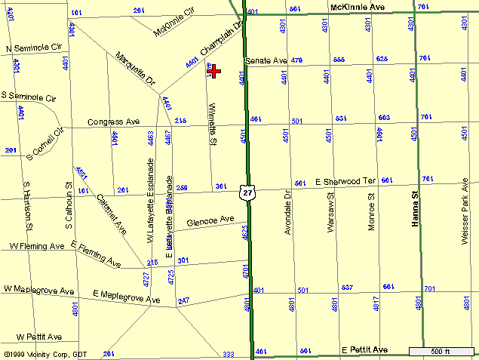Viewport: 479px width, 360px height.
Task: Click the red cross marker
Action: click(214, 71)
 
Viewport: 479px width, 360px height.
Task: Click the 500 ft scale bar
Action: click(440, 351)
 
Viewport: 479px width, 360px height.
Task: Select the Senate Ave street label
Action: click(266, 60)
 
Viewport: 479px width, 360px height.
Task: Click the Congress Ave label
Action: click(114, 121)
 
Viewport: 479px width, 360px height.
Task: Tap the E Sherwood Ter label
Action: click(345, 182)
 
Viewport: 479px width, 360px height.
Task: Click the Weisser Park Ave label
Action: click(465, 211)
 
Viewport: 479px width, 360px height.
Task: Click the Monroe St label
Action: click(371, 214)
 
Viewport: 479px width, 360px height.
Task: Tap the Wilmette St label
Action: click(213, 125)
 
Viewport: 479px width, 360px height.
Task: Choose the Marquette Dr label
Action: click(135, 67)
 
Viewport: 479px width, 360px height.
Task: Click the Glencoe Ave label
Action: click(210, 221)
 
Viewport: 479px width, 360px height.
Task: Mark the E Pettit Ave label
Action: click(364, 351)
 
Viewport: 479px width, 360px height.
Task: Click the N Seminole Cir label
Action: click(33, 48)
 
